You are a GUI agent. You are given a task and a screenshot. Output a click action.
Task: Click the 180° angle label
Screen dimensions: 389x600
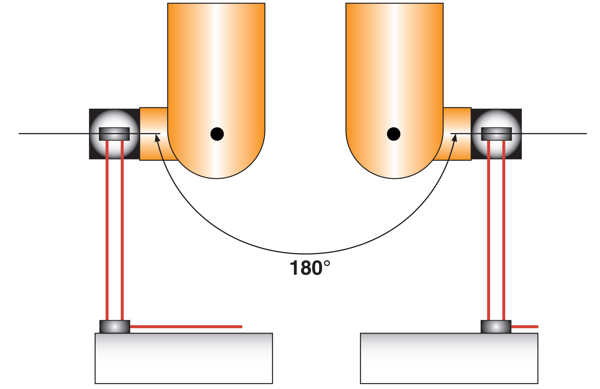pyautogui.click(x=310, y=268)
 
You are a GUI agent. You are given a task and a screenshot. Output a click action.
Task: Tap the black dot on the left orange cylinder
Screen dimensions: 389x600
pyautogui.click(x=217, y=134)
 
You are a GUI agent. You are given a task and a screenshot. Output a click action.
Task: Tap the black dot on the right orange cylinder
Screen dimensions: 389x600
pyautogui.click(x=393, y=134)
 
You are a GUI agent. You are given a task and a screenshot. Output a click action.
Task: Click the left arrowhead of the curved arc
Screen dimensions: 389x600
pyautogui.click(x=157, y=138)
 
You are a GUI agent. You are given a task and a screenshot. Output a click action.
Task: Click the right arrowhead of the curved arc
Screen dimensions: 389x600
pyautogui.click(x=455, y=138)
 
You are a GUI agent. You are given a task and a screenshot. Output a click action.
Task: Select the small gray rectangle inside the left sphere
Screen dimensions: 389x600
pyautogui.click(x=114, y=134)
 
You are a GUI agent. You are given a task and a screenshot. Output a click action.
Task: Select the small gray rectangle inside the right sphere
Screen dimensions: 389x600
pyautogui.click(x=496, y=134)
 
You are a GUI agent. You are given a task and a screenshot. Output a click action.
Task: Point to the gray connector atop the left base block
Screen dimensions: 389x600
pyautogui.click(x=115, y=327)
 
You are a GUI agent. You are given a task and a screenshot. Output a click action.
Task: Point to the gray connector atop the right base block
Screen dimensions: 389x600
pyautogui.click(x=496, y=327)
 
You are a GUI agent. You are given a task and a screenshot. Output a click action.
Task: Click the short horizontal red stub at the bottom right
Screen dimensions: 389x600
pyautogui.click(x=525, y=327)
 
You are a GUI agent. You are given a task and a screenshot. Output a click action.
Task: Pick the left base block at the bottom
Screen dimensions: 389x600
pyautogui.click(x=184, y=358)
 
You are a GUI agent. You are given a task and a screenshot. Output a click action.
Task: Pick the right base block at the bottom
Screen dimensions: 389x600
pyautogui.click(x=449, y=358)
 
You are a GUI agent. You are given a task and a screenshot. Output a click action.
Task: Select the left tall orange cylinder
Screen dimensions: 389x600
pyautogui.click(x=216, y=68)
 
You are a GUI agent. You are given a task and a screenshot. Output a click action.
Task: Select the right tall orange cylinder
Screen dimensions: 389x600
pyautogui.click(x=394, y=68)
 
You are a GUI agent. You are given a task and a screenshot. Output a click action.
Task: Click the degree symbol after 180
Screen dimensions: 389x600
pyautogui.click(x=327, y=263)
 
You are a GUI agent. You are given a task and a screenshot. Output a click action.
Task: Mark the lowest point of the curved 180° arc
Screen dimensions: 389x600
pyautogui.click(x=306, y=254)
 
